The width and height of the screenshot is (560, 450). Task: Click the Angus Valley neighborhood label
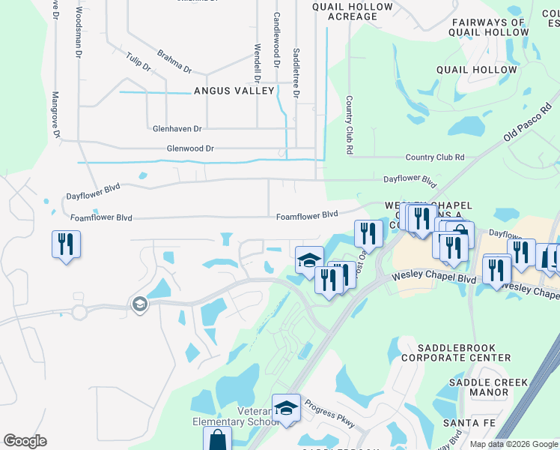(x=234, y=91)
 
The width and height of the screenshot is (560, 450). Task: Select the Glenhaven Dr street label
(x=177, y=129)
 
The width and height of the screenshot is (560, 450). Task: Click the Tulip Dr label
(x=139, y=62)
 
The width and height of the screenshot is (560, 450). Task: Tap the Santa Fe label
(x=461, y=423)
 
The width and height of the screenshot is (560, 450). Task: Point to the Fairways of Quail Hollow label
(x=487, y=27)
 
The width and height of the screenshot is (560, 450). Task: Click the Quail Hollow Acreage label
(x=352, y=11)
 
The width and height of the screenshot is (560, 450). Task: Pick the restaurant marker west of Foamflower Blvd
(x=66, y=244)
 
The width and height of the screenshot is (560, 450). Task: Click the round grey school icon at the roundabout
(x=139, y=304)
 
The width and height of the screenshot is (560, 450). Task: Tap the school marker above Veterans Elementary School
(x=286, y=408)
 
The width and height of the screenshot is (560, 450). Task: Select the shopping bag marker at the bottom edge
(x=217, y=439)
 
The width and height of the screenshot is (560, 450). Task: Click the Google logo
(x=25, y=441)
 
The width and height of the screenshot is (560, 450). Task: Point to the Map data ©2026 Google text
(x=513, y=444)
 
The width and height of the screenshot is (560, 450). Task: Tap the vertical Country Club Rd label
(x=349, y=125)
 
